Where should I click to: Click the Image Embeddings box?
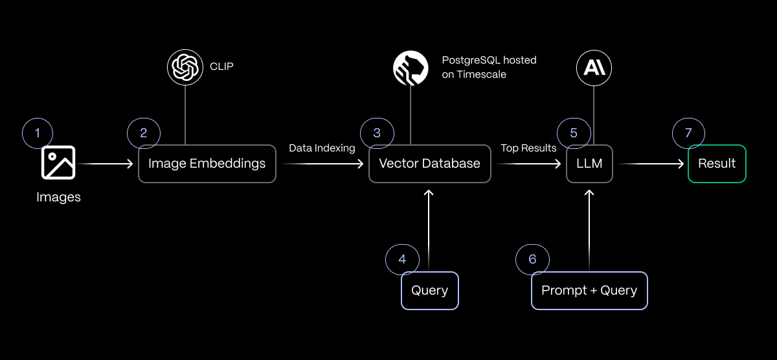(207, 164)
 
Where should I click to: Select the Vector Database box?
(429, 164)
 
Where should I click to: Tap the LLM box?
(589, 164)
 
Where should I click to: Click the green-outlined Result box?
(717, 164)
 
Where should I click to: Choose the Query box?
(429, 290)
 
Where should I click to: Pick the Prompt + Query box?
(589, 290)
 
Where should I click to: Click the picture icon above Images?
(58, 162)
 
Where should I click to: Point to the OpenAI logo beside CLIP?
(184, 67)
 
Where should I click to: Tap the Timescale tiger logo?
(410, 67)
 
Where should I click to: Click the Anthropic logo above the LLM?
(594, 67)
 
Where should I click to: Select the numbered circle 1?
(38, 133)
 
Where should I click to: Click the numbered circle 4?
(402, 260)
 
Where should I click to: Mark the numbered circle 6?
(532, 260)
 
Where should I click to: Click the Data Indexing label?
(322, 148)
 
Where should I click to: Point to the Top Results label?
(528, 148)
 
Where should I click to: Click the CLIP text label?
(221, 66)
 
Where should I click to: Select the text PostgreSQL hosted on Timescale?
(489, 67)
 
